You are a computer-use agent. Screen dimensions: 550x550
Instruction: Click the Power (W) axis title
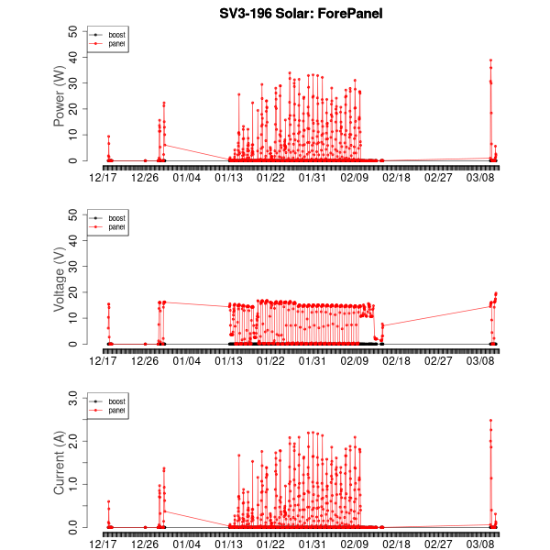(x=60, y=95)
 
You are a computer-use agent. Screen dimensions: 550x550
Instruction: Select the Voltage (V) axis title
(x=60, y=279)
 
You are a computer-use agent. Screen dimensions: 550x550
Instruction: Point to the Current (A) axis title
(x=60, y=462)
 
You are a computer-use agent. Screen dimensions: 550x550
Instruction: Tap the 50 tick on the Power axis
(x=74, y=30)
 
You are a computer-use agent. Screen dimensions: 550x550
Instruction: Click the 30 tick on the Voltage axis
(x=74, y=266)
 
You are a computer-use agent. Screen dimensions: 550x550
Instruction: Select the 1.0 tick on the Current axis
(x=71, y=484)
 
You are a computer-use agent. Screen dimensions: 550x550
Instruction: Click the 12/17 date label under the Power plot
(x=104, y=177)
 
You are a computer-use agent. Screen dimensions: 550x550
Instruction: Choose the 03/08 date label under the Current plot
(x=483, y=544)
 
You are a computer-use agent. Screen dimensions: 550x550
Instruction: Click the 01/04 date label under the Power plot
(x=187, y=177)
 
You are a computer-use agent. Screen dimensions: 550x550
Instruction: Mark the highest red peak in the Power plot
(x=490, y=60)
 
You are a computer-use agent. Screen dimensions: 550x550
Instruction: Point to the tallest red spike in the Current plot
(x=490, y=421)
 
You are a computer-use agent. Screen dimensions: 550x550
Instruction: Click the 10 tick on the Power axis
(x=74, y=135)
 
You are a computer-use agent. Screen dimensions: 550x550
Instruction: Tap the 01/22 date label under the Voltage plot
(x=270, y=360)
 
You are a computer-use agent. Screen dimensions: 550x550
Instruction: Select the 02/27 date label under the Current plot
(x=440, y=544)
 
